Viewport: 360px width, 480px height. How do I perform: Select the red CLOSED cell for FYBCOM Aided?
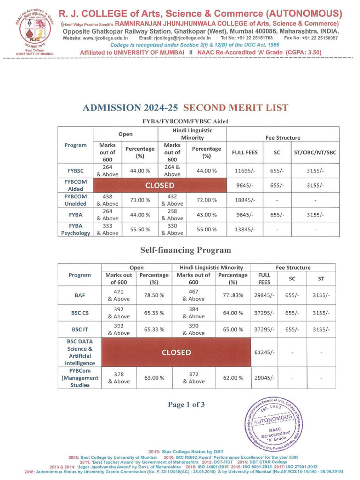click(160, 185)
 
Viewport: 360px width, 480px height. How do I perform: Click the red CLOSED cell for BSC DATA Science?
click(176, 352)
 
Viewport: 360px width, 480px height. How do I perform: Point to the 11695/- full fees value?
click(244, 171)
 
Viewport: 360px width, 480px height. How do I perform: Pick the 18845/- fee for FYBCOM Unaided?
click(244, 200)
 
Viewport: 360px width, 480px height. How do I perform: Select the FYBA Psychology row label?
click(75, 229)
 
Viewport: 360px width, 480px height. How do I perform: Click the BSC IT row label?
click(80, 329)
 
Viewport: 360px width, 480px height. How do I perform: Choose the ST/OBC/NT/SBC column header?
click(315, 152)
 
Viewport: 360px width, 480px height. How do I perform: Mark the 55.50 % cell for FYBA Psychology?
click(140, 229)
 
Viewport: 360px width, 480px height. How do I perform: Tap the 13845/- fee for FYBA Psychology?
click(244, 229)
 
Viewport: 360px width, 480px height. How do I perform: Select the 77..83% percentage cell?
click(232, 296)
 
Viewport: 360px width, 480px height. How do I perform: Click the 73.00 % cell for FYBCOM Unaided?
click(140, 200)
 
